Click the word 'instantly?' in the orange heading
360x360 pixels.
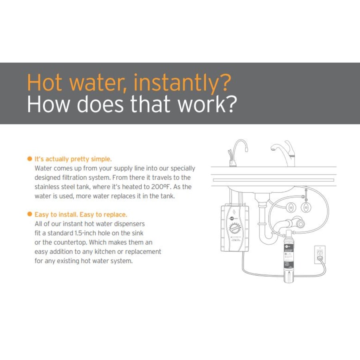[x=182, y=83]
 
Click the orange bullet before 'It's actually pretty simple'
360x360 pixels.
[x=29, y=159]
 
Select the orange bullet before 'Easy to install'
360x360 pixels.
[x=29, y=214]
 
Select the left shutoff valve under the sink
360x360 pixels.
[x=291, y=208]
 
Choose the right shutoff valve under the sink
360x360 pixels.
[x=306, y=208]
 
